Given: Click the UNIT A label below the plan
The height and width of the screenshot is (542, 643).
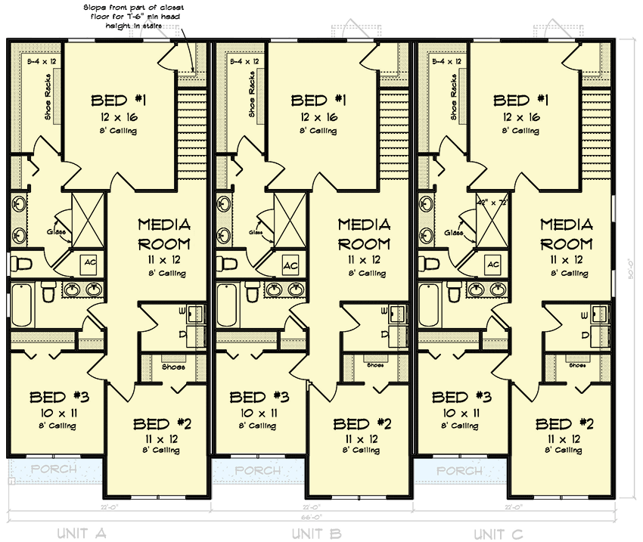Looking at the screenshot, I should point(82,534).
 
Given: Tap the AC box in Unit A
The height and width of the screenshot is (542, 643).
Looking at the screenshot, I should point(90,262).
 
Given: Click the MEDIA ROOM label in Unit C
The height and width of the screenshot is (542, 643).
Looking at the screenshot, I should point(566,234).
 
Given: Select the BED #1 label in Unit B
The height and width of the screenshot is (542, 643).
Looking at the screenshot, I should point(318,101).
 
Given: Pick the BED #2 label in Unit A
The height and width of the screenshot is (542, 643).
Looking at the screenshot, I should point(160,424).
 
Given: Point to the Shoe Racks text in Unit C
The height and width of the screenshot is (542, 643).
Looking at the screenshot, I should point(452,95).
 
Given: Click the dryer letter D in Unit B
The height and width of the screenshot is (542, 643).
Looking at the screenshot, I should point(384,335).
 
